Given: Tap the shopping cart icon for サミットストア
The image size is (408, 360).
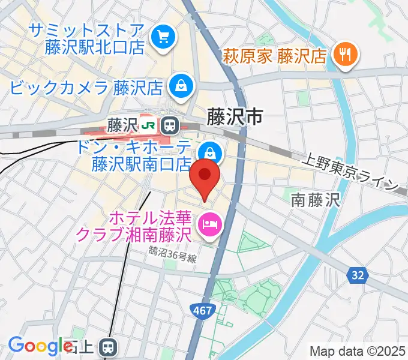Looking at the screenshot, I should (163, 38).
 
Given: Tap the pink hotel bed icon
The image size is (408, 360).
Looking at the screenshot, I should (210, 224).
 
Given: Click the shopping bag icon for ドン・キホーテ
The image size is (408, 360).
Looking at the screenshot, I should (211, 152).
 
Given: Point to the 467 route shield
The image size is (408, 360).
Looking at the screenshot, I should (202, 310).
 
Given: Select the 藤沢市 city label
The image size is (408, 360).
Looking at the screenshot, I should (235, 116).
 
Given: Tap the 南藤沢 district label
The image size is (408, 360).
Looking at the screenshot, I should (316, 200).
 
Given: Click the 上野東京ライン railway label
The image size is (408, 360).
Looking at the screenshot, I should (350, 171).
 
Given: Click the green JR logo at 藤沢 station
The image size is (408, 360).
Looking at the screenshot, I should (149, 125).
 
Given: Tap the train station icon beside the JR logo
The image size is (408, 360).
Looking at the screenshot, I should (170, 125).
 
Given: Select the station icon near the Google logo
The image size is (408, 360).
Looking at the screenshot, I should (108, 346).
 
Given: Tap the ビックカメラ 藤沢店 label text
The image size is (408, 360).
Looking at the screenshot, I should (86, 88).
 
